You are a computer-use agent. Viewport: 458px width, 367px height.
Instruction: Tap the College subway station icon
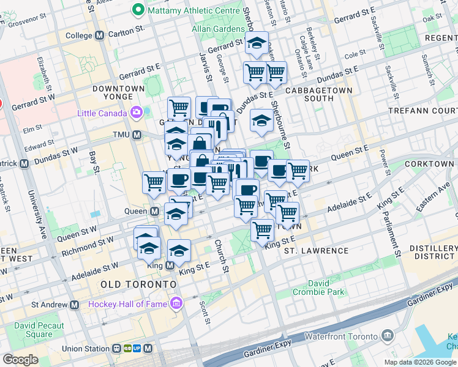(99, 35)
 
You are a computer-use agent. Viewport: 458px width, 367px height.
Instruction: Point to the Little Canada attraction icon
(135, 113)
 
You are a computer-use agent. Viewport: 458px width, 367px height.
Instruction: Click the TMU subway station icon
(137, 135)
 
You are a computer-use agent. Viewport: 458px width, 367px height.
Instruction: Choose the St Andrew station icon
(75, 305)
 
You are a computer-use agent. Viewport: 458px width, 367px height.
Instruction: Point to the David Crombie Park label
(326, 287)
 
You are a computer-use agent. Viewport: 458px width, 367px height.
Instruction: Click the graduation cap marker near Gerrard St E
(257, 44)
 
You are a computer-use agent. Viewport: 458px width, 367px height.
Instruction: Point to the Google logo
(20, 360)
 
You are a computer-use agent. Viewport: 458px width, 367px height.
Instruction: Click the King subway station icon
(170, 265)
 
